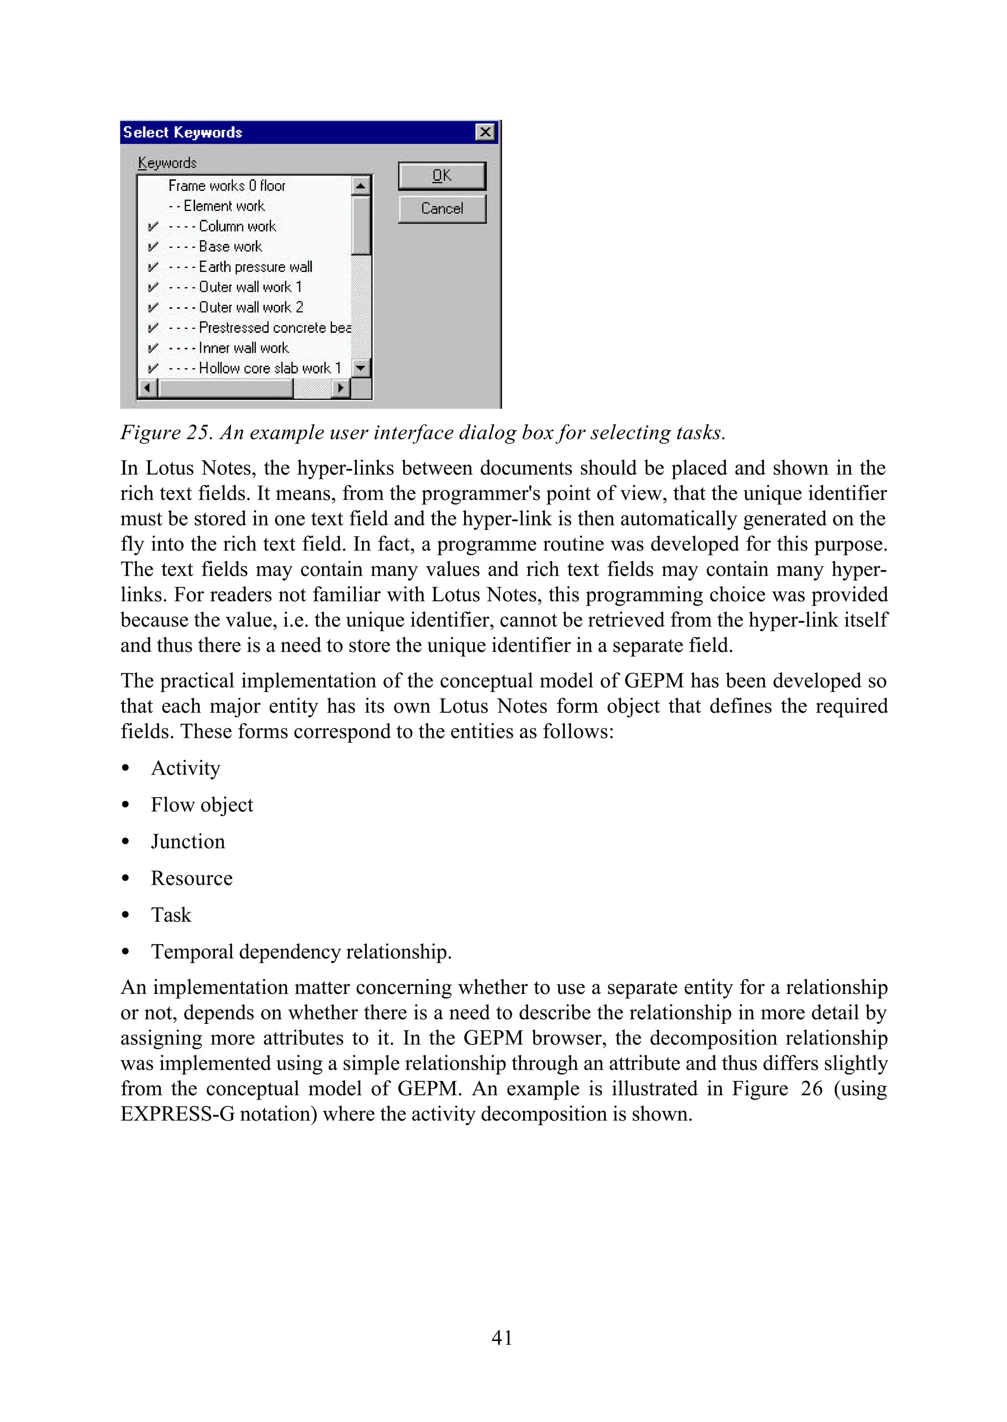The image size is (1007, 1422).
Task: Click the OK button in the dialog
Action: [x=442, y=176]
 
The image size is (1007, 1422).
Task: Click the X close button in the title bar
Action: [x=485, y=132]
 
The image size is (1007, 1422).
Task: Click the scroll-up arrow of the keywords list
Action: [x=360, y=185]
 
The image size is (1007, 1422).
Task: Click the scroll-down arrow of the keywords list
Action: [x=360, y=368]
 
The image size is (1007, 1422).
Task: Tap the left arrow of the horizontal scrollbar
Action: [x=148, y=388]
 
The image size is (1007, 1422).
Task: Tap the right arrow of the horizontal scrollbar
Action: [x=340, y=388]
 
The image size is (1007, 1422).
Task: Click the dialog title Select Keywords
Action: [x=182, y=133]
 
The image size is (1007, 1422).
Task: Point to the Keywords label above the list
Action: [x=167, y=163]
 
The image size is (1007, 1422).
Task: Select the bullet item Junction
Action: [x=188, y=842]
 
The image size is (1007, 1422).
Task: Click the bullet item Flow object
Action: [x=202, y=805]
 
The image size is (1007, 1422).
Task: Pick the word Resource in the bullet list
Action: [x=192, y=878]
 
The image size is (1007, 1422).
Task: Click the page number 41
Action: [x=502, y=1337]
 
